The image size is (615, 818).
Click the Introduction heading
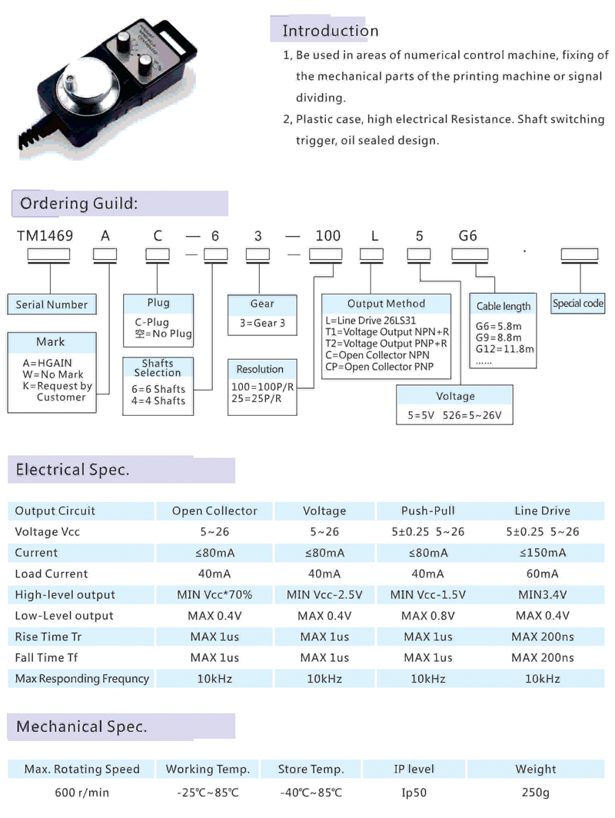tap(331, 31)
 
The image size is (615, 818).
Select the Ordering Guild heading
tap(78, 204)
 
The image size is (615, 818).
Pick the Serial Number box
tap(52, 304)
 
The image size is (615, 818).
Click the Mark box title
tap(51, 341)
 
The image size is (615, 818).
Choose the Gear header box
tap(262, 304)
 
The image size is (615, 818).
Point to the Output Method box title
tap(386, 304)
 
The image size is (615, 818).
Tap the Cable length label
tap(504, 306)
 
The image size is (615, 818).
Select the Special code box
tap(578, 304)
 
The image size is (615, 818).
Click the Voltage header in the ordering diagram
tap(455, 396)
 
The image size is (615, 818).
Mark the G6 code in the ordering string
tap(467, 236)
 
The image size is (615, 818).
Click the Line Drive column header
tap(543, 510)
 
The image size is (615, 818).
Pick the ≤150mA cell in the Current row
tap(543, 553)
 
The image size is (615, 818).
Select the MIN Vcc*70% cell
tap(214, 594)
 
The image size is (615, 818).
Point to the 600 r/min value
tap(81, 793)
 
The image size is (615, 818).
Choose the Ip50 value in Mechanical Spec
tap(416, 793)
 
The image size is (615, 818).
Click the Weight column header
tap(536, 769)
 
